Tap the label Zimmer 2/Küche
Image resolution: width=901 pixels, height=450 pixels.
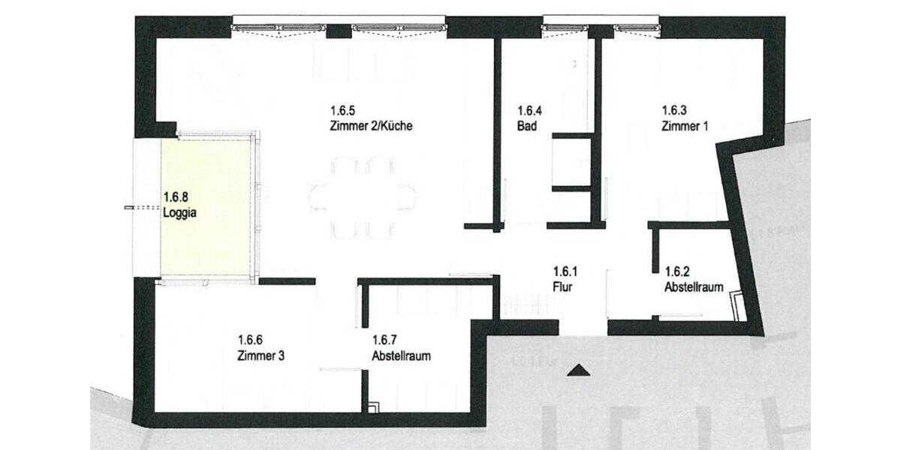click(370, 126)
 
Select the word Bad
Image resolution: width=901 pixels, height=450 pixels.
click(526, 126)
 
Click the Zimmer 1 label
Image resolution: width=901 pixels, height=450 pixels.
click(685, 126)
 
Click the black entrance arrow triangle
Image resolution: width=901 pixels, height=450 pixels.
click(577, 369)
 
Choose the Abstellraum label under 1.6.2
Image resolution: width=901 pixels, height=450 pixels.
click(694, 286)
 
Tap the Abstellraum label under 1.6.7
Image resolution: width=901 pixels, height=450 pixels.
click(401, 356)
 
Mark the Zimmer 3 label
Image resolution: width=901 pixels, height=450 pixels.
click(261, 356)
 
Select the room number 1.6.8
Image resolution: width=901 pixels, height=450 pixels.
click(176, 197)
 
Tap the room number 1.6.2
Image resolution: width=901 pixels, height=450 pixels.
click(678, 271)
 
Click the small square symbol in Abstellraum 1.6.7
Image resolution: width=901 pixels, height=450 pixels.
click(375, 406)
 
